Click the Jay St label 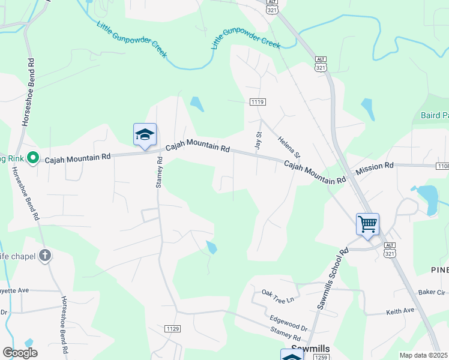tap(259, 141)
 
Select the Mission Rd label tap(374, 165)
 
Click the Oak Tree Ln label tap(279, 295)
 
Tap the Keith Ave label tap(400, 311)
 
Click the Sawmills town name tap(311, 348)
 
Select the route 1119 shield tap(258, 103)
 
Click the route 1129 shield tap(173, 328)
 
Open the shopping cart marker tap(367, 225)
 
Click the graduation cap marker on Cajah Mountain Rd tap(145, 135)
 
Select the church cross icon tap(44, 256)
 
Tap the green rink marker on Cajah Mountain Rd tap(34, 158)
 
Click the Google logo tap(20, 353)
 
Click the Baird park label tap(434, 115)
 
